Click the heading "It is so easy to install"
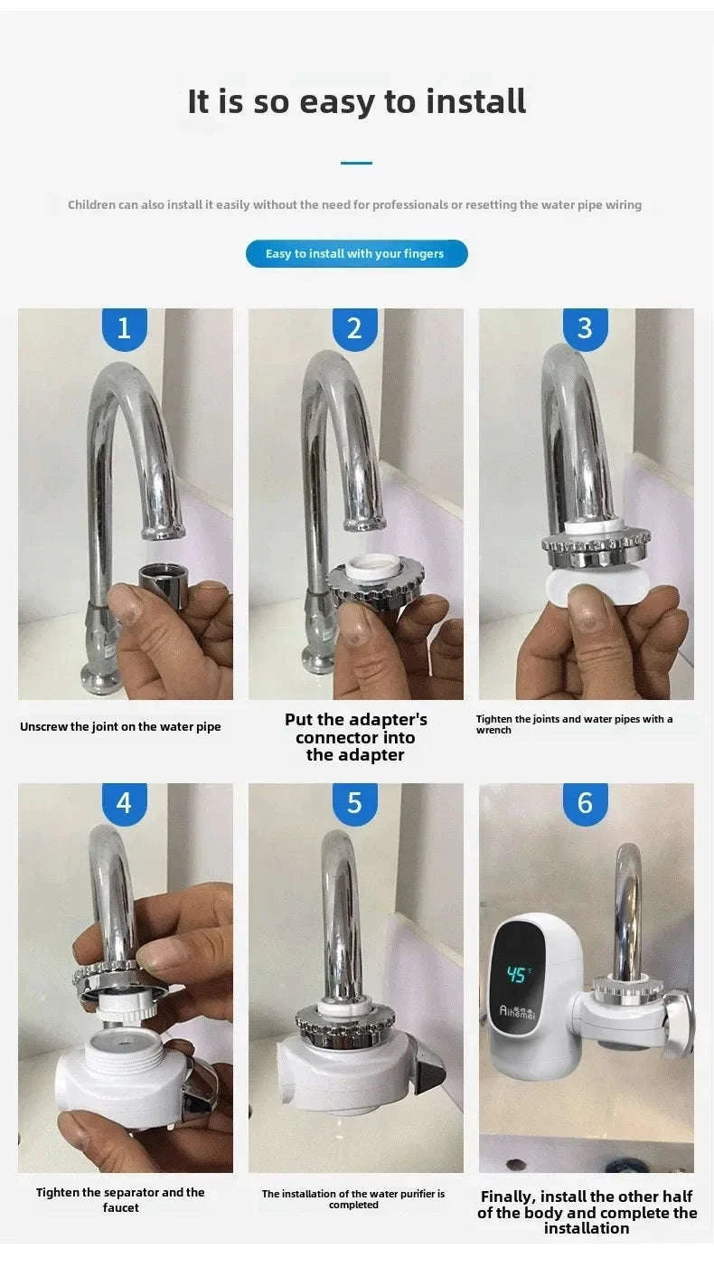tap(356, 101)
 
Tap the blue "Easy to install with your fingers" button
tap(356, 254)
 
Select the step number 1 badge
tap(124, 327)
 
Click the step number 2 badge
tap(354, 327)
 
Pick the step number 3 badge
tap(585, 327)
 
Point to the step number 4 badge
tap(124, 802)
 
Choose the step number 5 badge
tap(354, 802)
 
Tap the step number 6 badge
tap(585, 802)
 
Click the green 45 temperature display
tap(517, 975)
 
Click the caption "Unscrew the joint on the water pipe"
tap(120, 727)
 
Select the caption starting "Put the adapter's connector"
tap(355, 737)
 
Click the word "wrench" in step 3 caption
tap(493, 731)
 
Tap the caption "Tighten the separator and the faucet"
tap(120, 1200)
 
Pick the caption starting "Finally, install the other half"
tap(587, 1212)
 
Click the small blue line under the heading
tap(356, 163)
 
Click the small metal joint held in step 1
tap(164, 581)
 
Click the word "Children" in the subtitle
tap(91, 205)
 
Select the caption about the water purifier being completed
tap(353, 1199)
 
